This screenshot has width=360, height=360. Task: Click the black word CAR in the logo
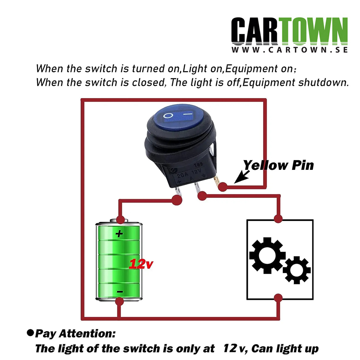[x=254, y=31]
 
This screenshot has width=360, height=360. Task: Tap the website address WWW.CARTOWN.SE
[x=290, y=50]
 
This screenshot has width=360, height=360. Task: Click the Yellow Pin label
[x=278, y=165]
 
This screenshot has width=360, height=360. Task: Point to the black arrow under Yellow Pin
[x=242, y=177]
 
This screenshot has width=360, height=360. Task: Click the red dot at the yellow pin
[x=223, y=187]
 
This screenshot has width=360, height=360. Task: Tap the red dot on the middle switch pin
[x=202, y=196]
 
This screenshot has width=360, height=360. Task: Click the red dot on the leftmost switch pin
[x=177, y=200]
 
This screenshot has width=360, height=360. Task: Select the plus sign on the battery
[x=119, y=234]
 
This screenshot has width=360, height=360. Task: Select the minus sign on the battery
[x=119, y=292]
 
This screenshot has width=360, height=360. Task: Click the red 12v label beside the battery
[x=141, y=264]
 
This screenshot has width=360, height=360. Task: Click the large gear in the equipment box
[x=267, y=255]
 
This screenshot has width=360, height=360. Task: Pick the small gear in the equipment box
[x=297, y=270]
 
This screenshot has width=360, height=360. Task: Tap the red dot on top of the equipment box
[x=278, y=218]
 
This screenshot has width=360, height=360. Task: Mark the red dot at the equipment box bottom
[x=278, y=298]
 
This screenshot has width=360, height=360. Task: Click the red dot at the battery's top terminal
[x=120, y=219]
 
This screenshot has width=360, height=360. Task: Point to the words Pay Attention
[x=75, y=334]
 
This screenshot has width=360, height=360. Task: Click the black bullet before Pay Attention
[x=30, y=333]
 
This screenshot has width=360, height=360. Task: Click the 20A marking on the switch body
[x=183, y=175]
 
